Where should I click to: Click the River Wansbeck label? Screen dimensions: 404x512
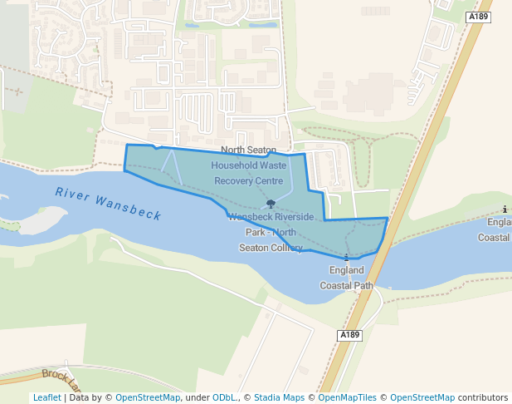(x=108, y=204)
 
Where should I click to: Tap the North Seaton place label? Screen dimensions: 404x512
(x=248, y=150)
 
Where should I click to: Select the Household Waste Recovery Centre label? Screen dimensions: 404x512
(x=249, y=172)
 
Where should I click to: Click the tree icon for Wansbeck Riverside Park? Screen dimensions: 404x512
(x=271, y=204)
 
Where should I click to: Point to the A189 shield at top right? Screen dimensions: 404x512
(x=477, y=17)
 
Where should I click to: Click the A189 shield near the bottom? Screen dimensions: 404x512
(x=350, y=335)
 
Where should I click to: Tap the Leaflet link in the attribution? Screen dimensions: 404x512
(x=46, y=397)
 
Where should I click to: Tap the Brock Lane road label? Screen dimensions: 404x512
(x=62, y=380)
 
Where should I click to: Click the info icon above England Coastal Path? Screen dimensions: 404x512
(x=347, y=258)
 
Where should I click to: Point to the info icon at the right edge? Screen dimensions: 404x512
(x=505, y=209)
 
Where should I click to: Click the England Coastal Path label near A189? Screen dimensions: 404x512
(x=347, y=278)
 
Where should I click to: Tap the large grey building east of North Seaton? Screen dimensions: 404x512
(x=365, y=91)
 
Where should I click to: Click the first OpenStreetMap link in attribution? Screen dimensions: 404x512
(x=147, y=397)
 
